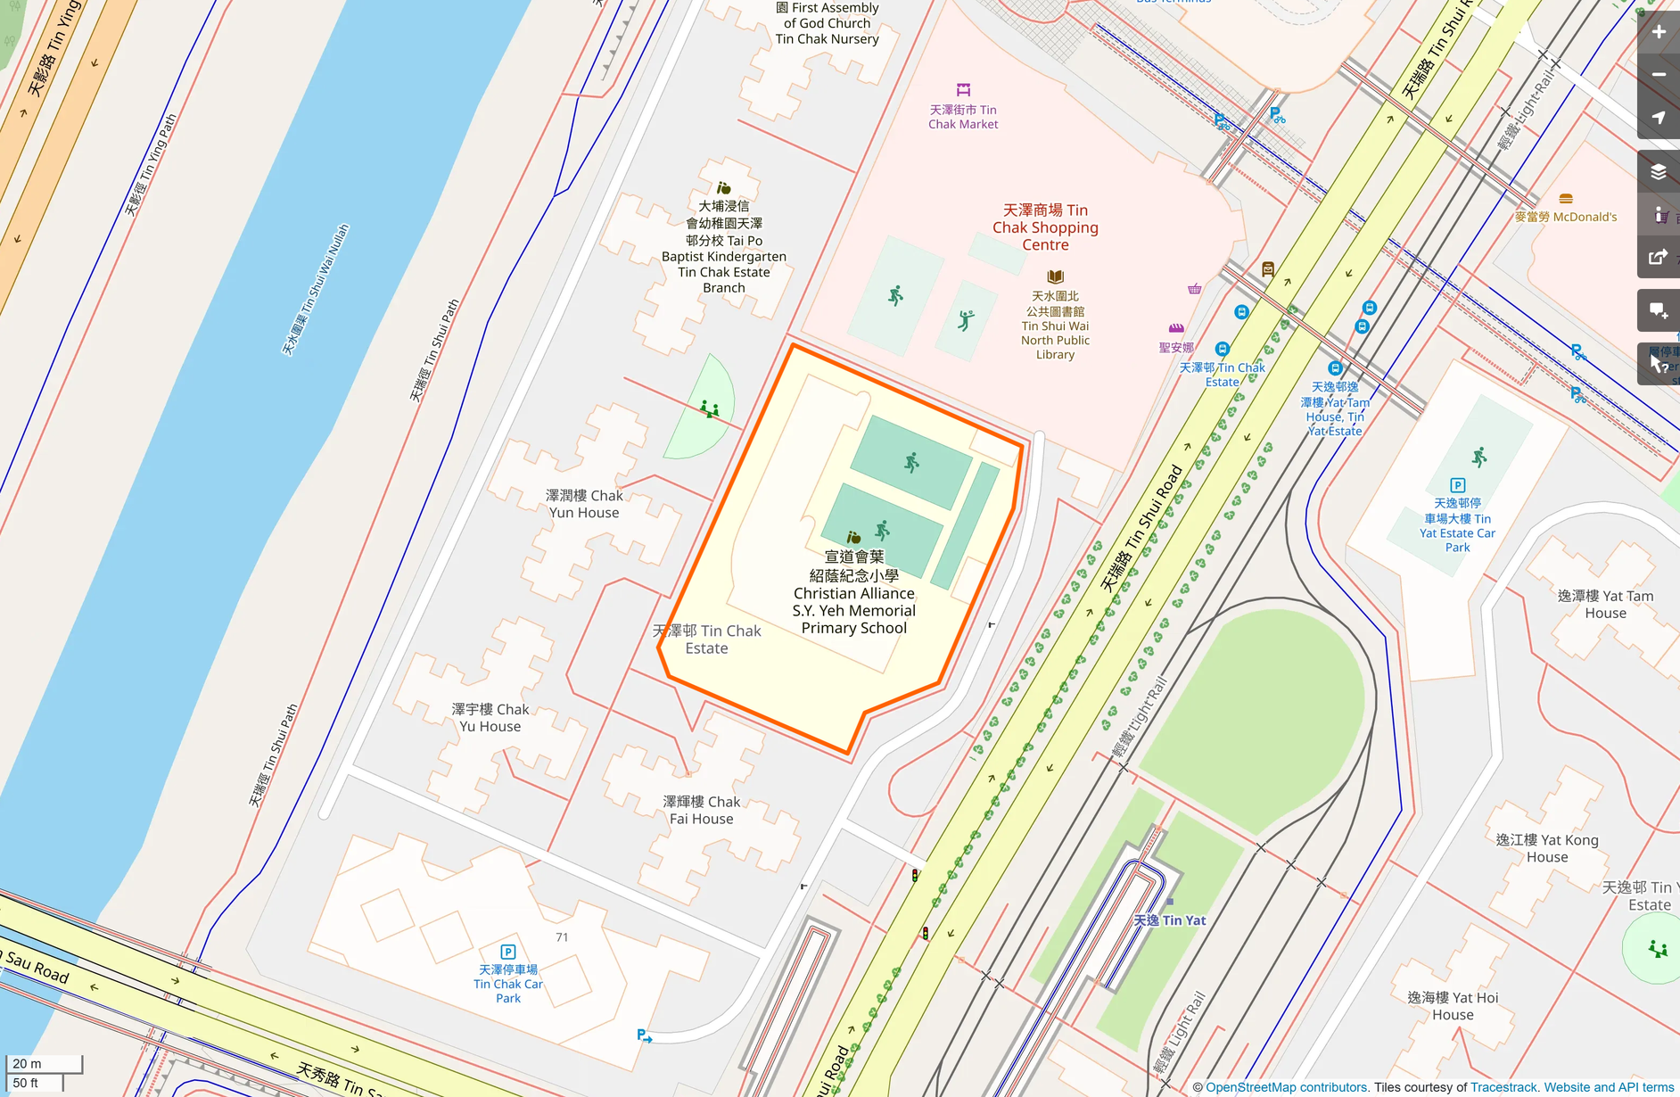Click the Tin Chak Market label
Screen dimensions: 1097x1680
963,117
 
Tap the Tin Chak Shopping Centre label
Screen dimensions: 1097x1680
1045,227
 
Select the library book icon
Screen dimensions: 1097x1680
1055,276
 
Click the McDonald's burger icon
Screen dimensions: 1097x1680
1566,199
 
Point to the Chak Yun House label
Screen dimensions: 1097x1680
584,504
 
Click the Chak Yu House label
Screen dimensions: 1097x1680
490,718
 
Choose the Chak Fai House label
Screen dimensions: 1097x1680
702,811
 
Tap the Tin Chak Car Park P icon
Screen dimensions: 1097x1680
508,952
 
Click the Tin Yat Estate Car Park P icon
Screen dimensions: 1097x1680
1458,485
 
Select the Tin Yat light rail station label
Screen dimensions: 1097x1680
1170,920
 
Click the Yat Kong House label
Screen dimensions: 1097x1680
1547,848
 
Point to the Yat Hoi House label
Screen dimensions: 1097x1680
1453,1006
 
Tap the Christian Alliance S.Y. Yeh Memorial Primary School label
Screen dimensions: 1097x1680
854,593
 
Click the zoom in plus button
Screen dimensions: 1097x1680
1659,32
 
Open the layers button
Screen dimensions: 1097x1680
1659,172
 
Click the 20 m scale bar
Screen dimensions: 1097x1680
45,1063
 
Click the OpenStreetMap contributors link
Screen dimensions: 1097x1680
1287,1087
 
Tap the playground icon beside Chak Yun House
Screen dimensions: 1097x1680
710,409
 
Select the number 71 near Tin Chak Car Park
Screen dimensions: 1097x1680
562,937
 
